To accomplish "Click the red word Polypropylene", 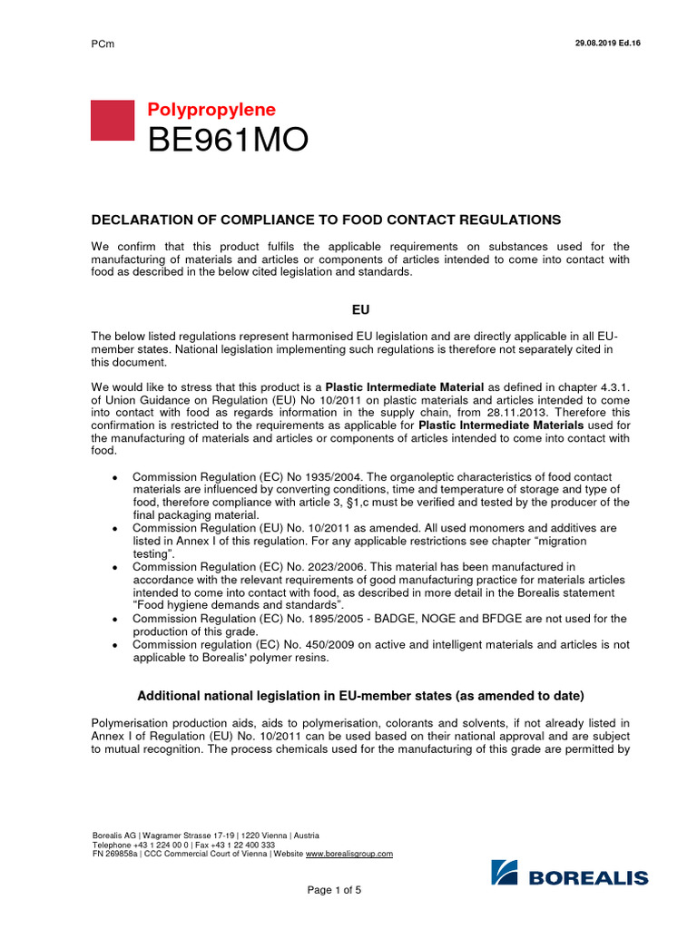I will click(211, 110).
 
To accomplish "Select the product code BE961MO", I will click(228, 141).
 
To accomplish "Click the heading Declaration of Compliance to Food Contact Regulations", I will click(327, 220).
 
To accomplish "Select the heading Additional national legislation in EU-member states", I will click(360, 695).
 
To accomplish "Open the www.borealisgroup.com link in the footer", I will click(348, 854).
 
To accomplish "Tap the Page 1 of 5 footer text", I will click(335, 890).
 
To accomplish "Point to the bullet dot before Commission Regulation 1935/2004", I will click(113, 477).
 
